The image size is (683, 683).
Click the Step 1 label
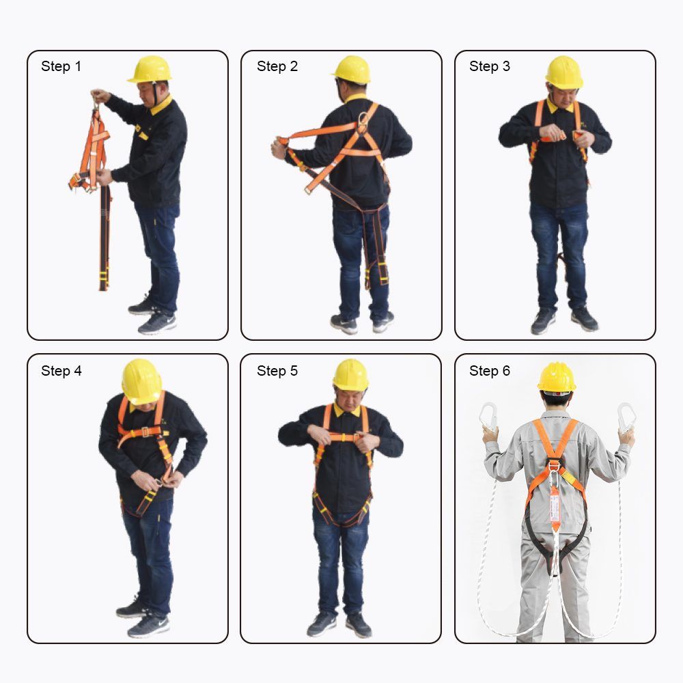(x=61, y=66)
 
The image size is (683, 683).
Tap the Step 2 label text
(x=277, y=66)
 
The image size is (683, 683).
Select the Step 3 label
(x=490, y=66)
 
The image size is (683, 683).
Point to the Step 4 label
(x=61, y=371)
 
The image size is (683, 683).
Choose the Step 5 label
(x=277, y=371)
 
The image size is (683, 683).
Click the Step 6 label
(x=490, y=371)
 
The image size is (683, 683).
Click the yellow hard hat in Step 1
(x=150, y=69)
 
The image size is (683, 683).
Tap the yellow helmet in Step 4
(x=141, y=382)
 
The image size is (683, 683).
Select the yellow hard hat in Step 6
(x=557, y=377)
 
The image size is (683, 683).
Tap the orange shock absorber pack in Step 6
(x=555, y=507)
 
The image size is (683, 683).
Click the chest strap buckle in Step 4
(x=145, y=432)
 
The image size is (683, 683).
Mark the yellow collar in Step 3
(x=560, y=107)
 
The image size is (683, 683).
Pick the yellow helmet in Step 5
(x=350, y=375)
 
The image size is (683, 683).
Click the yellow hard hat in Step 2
(x=352, y=70)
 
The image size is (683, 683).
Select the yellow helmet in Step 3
(x=564, y=73)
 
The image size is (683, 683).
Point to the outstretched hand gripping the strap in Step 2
(x=279, y=148)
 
